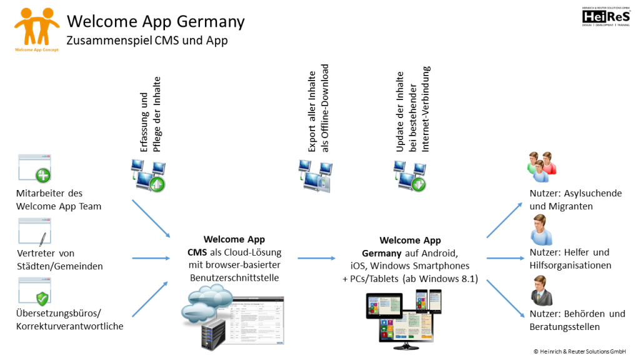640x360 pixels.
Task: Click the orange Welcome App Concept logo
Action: coord(37,28)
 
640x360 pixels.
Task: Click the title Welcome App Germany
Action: coord(156,21)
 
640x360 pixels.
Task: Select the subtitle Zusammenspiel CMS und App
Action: coord(147,41)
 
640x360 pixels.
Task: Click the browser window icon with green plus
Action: coord(35,168)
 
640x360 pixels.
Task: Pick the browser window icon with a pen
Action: coord(35,232)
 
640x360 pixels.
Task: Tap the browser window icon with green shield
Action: coord(35,291)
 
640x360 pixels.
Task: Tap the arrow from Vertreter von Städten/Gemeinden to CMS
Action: coord(151,257)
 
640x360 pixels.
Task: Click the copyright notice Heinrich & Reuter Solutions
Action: coord(582,352)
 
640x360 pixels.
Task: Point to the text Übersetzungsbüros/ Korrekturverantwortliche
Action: coord(69,319)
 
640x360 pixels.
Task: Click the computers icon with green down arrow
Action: coord(409,176)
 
